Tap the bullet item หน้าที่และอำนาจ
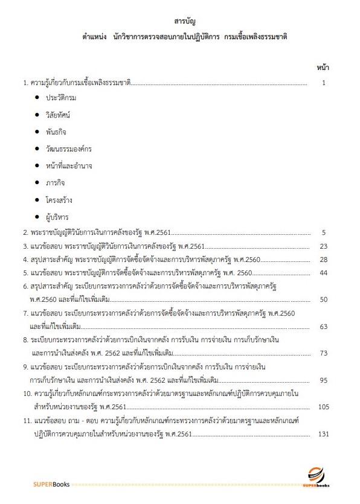68,165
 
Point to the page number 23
323,246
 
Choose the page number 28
323,259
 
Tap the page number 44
323,273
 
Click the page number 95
323,380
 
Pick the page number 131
323,434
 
